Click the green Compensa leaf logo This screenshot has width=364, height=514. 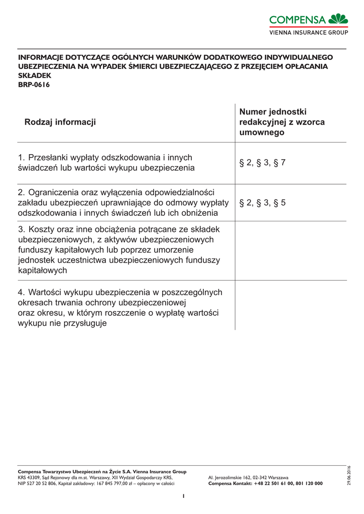coord(338,20)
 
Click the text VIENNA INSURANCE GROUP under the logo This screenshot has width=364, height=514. coord(309,32)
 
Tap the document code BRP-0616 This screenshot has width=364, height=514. coord(34,85)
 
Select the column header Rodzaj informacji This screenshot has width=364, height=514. coord(60,122)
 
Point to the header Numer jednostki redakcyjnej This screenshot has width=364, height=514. coord(282,122)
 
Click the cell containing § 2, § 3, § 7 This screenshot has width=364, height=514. coord(262,163)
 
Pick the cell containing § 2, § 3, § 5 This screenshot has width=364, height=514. coord(262,203)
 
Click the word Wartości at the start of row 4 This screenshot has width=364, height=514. coord(46,292)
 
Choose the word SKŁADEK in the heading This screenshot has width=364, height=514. coord(34,76)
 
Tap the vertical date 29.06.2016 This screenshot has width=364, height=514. coord(349,476)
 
